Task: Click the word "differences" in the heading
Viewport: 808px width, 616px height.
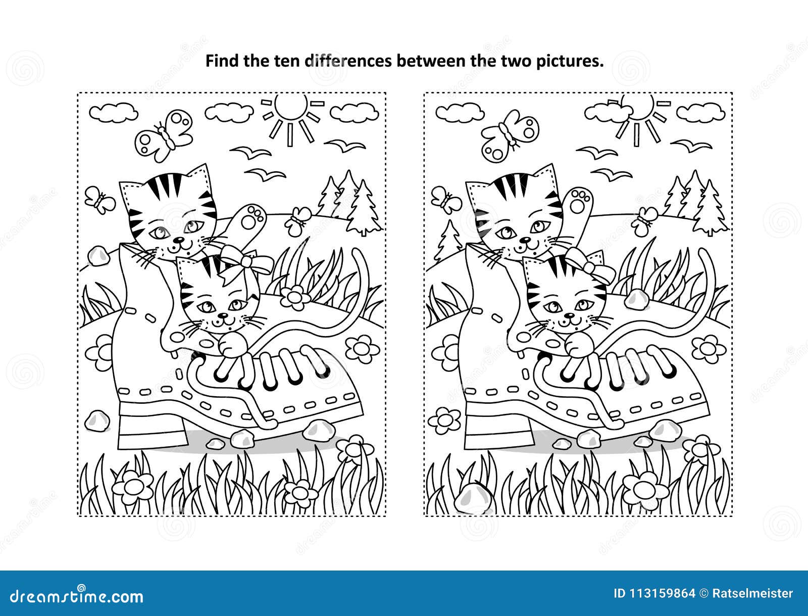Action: pyautogui.click(x=348, y=61)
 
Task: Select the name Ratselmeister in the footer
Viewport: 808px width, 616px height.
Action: pyautogui.click(x=753, y=594)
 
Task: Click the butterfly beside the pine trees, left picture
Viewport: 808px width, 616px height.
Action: pyautogui.click(x=299, y=220)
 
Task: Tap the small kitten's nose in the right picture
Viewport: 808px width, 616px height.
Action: pyautogui.click(x=569, y=315)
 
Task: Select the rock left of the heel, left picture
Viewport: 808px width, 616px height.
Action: pyautogui.click(x=97, y=421)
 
